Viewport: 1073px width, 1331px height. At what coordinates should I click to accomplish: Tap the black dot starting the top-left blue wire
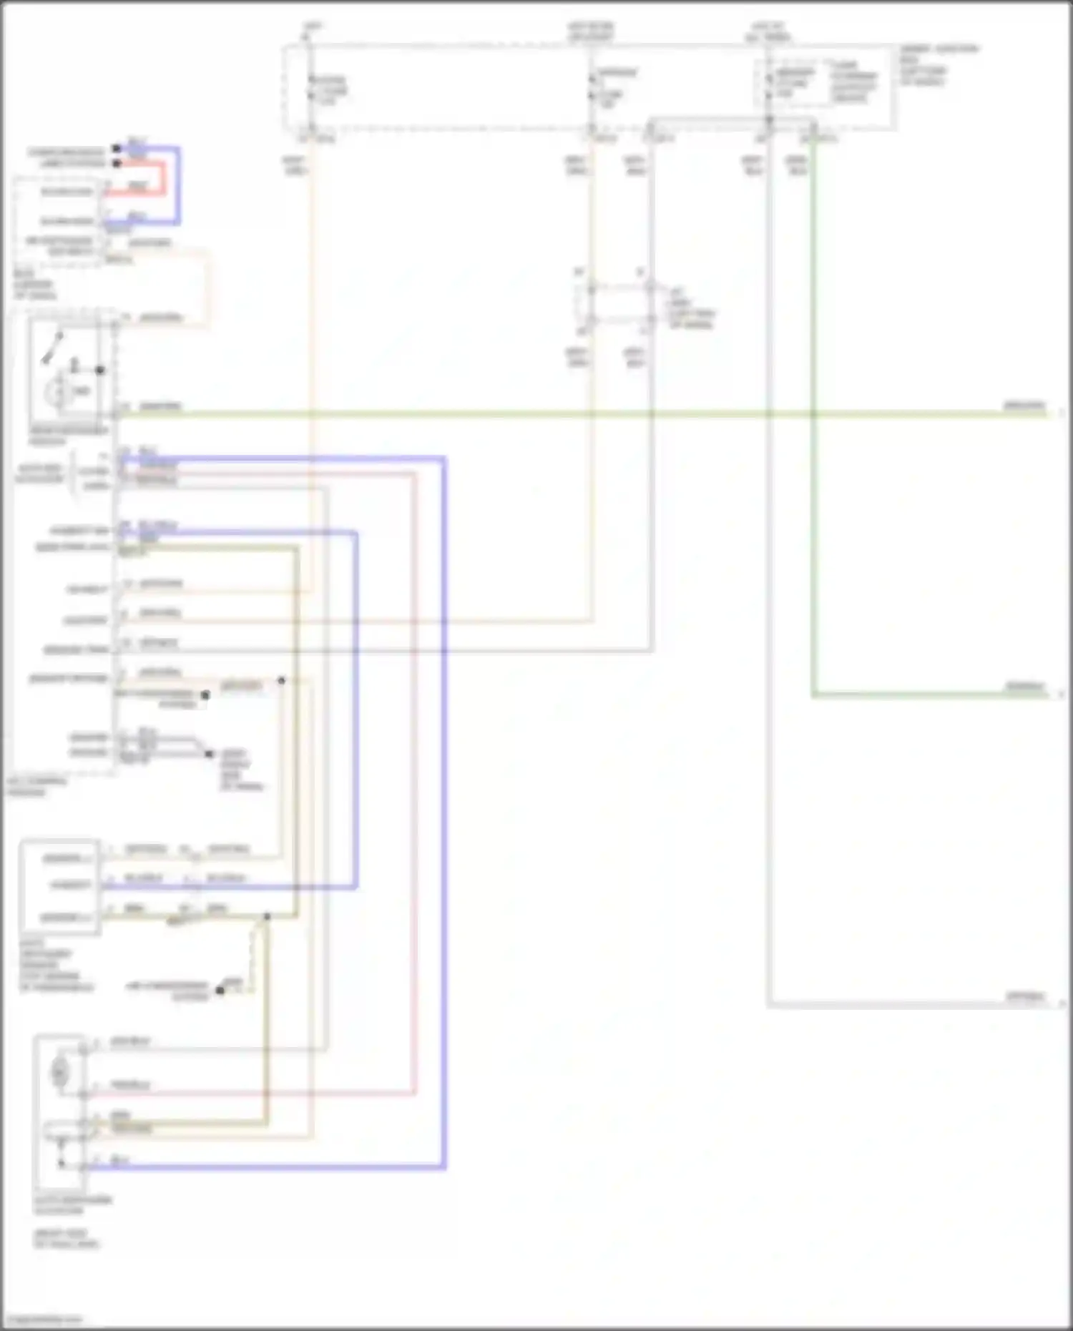[116, 149]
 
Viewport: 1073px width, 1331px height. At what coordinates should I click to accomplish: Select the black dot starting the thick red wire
[116, 164]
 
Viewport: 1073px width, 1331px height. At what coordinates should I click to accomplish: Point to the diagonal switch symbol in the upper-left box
[53, 347]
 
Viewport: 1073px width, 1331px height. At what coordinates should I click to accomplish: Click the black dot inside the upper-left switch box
[100, 370]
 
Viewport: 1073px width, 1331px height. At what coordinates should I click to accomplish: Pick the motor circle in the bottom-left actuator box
[59, 1072]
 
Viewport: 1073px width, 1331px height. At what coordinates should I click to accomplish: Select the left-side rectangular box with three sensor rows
[60, 887]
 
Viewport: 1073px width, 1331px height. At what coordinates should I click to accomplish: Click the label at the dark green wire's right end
[1024, 687]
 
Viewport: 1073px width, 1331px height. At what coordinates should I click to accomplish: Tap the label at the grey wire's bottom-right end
[1024, 996]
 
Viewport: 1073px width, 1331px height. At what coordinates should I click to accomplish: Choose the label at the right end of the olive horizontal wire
[1024, 406]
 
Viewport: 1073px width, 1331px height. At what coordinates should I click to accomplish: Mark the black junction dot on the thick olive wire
[267, 916]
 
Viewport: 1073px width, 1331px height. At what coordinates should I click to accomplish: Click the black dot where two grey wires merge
[209, 754]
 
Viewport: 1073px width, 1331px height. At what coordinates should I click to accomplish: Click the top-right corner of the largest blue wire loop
[444, 458]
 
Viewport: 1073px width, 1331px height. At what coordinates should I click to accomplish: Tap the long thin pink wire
[415, 787]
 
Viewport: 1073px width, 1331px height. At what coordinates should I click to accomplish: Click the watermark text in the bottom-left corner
[43, 1319]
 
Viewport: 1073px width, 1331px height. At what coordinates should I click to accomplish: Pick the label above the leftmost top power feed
[313, 27]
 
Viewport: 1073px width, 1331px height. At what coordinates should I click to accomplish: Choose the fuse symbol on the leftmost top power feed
[311, 89]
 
